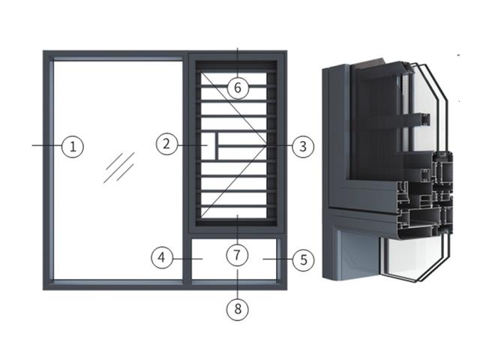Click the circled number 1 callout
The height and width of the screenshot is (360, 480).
(73, 147)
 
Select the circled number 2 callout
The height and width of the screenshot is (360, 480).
(166, 144)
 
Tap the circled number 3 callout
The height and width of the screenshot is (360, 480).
(303, 146)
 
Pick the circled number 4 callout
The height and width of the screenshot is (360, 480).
(162, 257)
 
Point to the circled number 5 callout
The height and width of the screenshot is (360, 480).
(303, 260)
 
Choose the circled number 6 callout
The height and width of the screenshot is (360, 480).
(238, 88)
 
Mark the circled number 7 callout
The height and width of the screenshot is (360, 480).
(237, 255)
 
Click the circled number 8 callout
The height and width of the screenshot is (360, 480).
(238, 309)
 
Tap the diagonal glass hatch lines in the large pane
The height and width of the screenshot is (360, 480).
(118, 168)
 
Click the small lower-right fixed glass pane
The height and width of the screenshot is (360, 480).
(234, 259)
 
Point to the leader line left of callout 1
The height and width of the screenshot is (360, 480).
(46, 145)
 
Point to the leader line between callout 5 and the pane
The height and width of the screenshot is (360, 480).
(277, 259)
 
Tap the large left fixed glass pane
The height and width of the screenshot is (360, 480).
(118, 170)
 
